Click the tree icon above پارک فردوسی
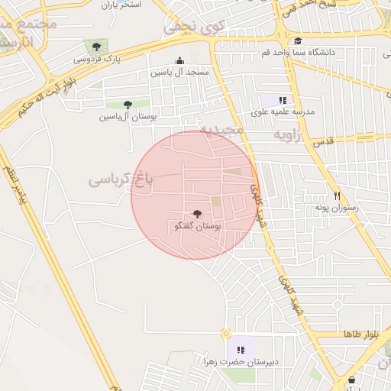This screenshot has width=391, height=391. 95,47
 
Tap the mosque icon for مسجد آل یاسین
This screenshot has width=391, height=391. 179,61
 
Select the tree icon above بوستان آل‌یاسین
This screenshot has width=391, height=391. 127,105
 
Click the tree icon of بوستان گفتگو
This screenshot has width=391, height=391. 198,215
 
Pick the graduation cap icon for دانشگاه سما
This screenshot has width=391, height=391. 297,41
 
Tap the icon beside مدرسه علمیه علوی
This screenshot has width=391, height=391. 283,100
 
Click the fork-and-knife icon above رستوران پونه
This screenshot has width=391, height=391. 337,195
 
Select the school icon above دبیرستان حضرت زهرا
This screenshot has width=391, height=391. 242,349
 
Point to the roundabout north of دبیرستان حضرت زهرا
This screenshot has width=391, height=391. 225,333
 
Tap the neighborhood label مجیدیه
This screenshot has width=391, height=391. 221,130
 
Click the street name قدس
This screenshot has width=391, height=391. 324,142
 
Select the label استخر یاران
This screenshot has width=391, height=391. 121,5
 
